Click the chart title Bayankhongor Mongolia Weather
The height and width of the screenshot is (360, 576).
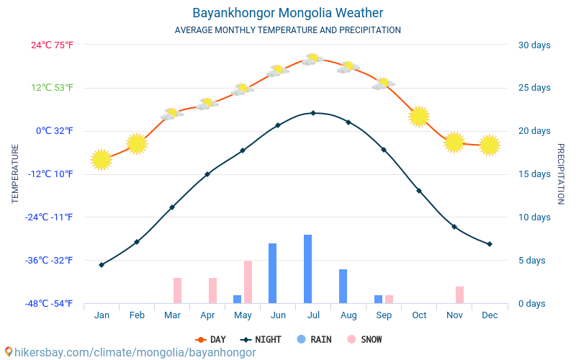pos(287,13)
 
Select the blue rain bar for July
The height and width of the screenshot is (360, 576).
pos(307,269)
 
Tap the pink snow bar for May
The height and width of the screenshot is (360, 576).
pos(248,282)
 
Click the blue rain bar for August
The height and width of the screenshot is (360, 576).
pos(343,286)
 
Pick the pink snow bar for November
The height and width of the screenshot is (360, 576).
pos(459,294)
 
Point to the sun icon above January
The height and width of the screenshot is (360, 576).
pos(102,160)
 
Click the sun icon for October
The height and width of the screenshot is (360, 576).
pos(419,116)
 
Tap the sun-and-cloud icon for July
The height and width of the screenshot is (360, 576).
pos(312,59)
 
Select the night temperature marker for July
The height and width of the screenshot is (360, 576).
pos(313,113)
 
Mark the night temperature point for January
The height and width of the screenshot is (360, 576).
pos(102,265)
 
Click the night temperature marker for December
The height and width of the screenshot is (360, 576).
pos(490,244)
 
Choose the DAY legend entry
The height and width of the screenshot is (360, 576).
pos(211,339)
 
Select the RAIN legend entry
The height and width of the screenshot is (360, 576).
pos(314,339)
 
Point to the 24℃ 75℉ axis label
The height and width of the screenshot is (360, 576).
pos(52,45)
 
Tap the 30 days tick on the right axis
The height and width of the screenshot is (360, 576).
pos(534,45)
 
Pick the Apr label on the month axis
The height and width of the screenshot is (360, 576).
pos(207,315)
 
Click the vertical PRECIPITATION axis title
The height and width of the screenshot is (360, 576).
pos(560,174)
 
